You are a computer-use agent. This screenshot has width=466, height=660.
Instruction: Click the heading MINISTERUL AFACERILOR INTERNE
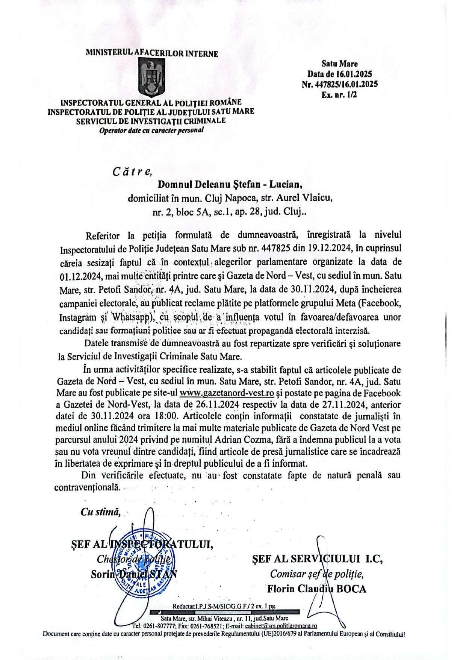(x=152, y=53)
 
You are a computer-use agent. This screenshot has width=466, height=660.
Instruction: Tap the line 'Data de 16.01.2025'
(x=340, y=74)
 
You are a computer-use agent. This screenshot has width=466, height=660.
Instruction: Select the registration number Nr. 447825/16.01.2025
(x=340, y=84)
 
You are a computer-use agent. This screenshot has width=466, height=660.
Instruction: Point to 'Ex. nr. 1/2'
(x=339, y=94)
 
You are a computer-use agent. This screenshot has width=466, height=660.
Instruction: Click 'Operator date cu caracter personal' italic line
(x=151, y=130)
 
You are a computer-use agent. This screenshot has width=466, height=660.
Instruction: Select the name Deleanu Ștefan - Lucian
(x=230, y=184)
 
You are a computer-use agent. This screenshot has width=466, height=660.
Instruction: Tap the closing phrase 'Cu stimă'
(x=100, y=512)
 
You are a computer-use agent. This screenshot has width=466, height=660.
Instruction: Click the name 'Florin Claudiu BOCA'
(x=316, y=589)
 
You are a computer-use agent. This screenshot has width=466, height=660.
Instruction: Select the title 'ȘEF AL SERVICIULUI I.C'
(x=318, y=559)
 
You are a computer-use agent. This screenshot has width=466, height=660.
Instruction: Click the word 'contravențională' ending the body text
(x=88, y=487)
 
